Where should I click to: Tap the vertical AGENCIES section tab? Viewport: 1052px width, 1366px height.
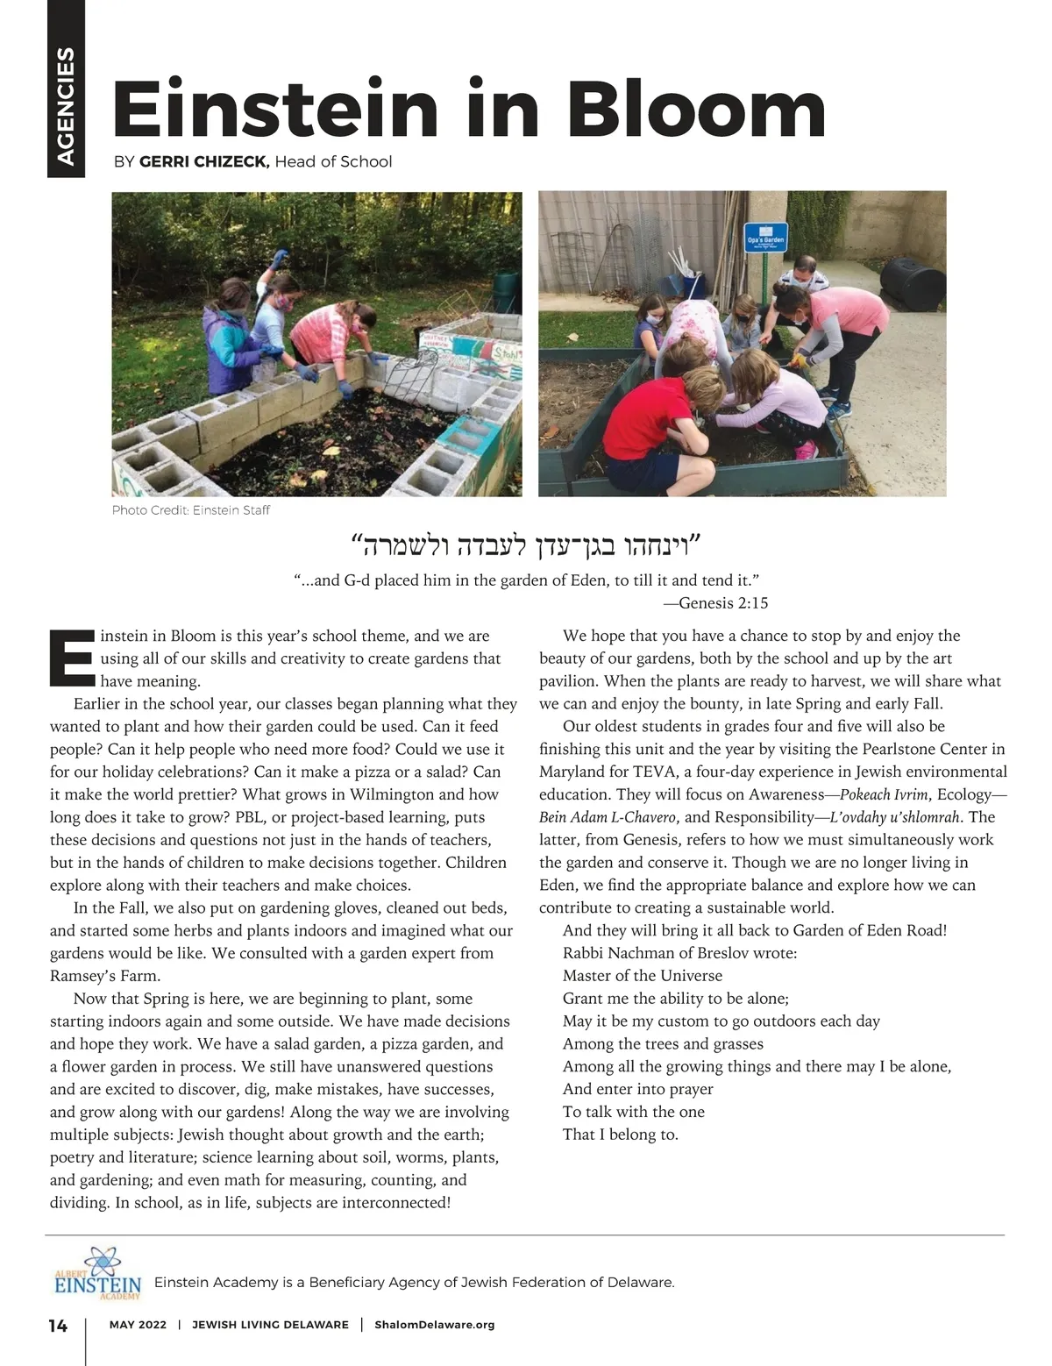[x=66, y=105]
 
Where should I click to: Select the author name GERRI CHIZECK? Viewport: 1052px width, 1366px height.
[x=204, y=161]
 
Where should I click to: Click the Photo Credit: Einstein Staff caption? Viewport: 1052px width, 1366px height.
[x=191, y=510]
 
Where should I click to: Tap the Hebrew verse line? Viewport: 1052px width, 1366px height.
[x=526, y=547]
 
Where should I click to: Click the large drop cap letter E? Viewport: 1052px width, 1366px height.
[x=71, y=658]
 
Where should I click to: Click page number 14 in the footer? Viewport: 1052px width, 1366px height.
[x=58, y=1326]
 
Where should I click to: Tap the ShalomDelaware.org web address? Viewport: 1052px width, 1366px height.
[x=434, y=1325]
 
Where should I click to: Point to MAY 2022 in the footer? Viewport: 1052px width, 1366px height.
[x=138, y=1325]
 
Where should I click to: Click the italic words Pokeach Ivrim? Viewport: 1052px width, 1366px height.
[x=884, y=794]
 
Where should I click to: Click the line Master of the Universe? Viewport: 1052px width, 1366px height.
[x=643, y=976]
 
